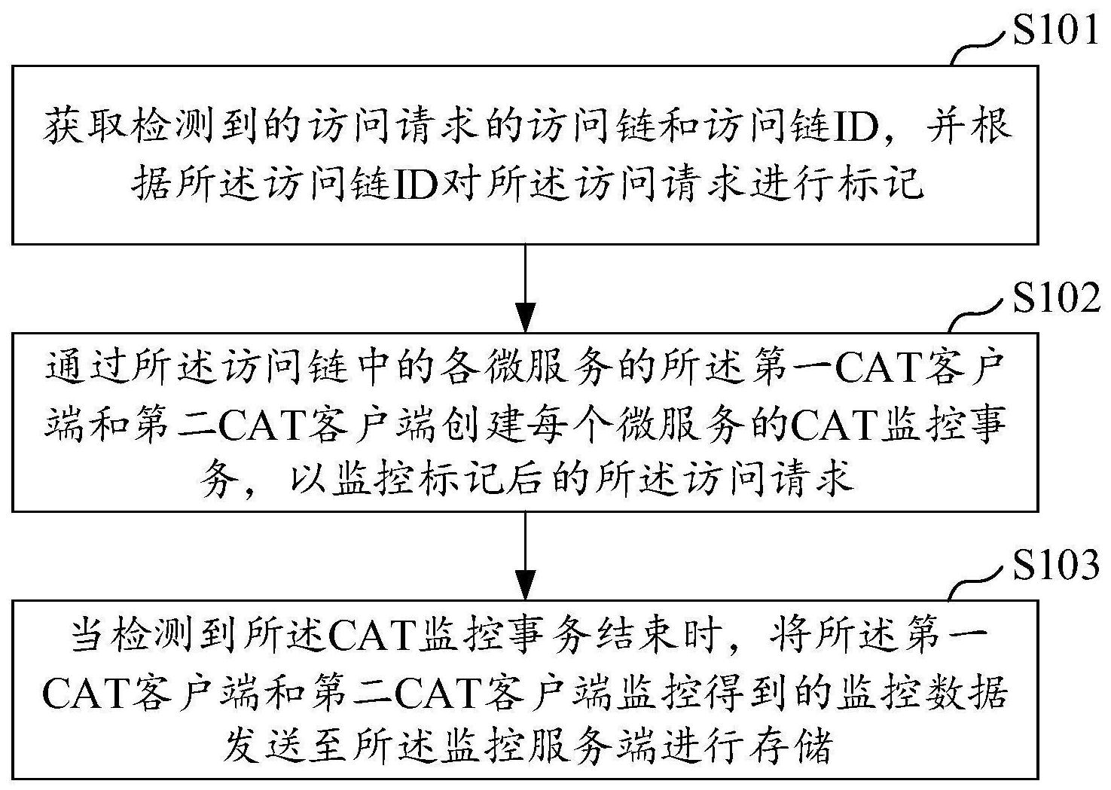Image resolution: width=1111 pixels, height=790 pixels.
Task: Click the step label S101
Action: tap(1055, 31)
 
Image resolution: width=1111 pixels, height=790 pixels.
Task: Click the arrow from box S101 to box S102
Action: tap(525, 288)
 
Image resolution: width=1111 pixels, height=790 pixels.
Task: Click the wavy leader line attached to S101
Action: tap(980, 50)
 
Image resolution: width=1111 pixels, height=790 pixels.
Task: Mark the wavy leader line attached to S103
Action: tap(980, 585)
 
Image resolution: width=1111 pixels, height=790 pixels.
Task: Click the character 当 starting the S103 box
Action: tap(91, 636)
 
